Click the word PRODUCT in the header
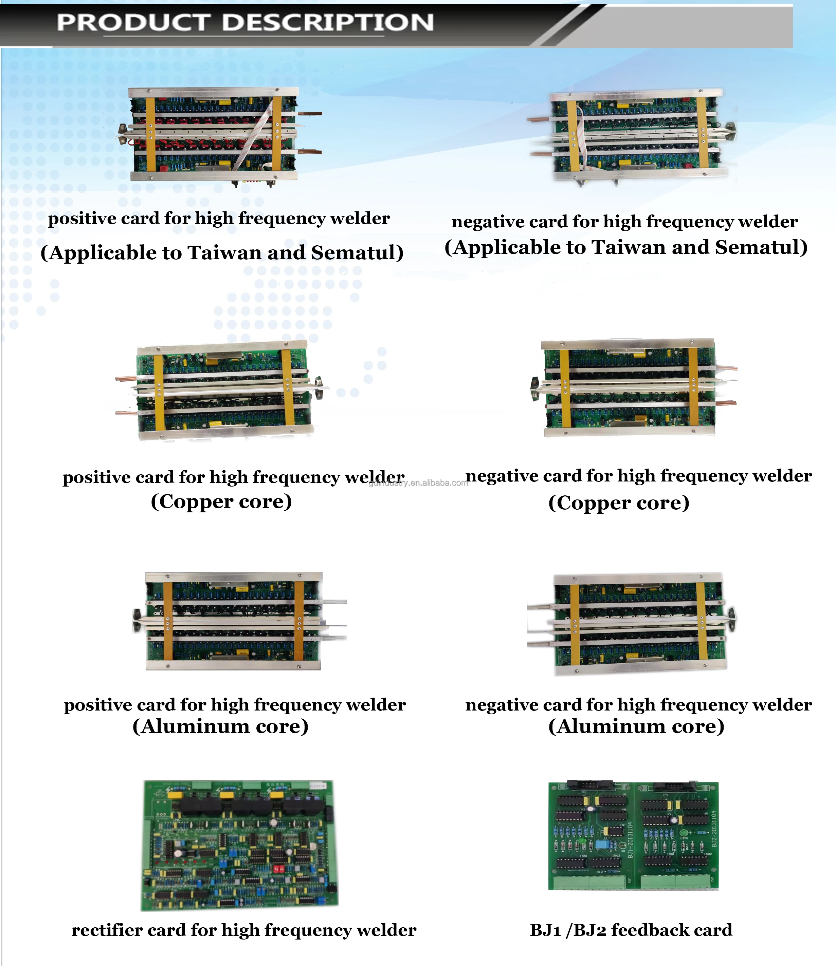pyautogui.click(x=132, y=22)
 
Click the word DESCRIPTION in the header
pyautogui.click(x=327, y=22)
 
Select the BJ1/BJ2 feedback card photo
pyautogui.click(x=633, y=836)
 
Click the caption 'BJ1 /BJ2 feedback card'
pyautogui.click(x=631, y=930)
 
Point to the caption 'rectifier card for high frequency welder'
pyautogui.click(x=243, y=930)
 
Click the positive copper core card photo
pyautogui.click(x=222, y=391)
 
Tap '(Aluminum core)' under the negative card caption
pyautogui.click(x=636, y=726)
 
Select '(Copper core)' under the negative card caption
pyautogui.click(x=619, y=503)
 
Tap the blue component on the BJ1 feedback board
pyautogui.click(x=600, y=844)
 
